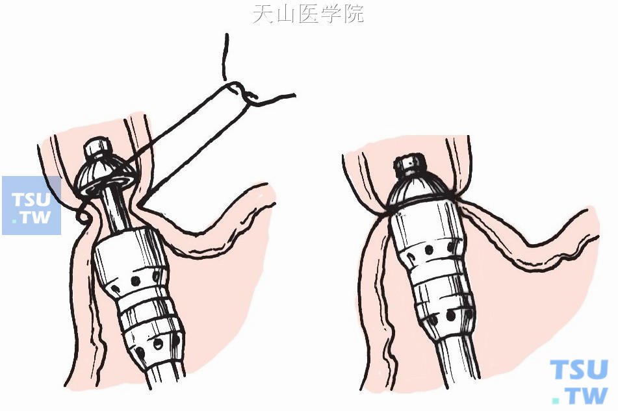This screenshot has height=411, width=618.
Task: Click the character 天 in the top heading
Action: pos(263,14)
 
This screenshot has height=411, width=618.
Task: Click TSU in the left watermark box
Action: pos(31,199)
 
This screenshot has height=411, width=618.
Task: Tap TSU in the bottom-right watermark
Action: pos(579,369)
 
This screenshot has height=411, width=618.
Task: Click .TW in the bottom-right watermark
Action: pos(580,395)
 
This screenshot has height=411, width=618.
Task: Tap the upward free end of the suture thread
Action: pos(225,57)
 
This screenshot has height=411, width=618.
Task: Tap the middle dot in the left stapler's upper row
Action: pos(136,280)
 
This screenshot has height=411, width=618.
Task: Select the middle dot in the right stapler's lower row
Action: pos(451,316)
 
